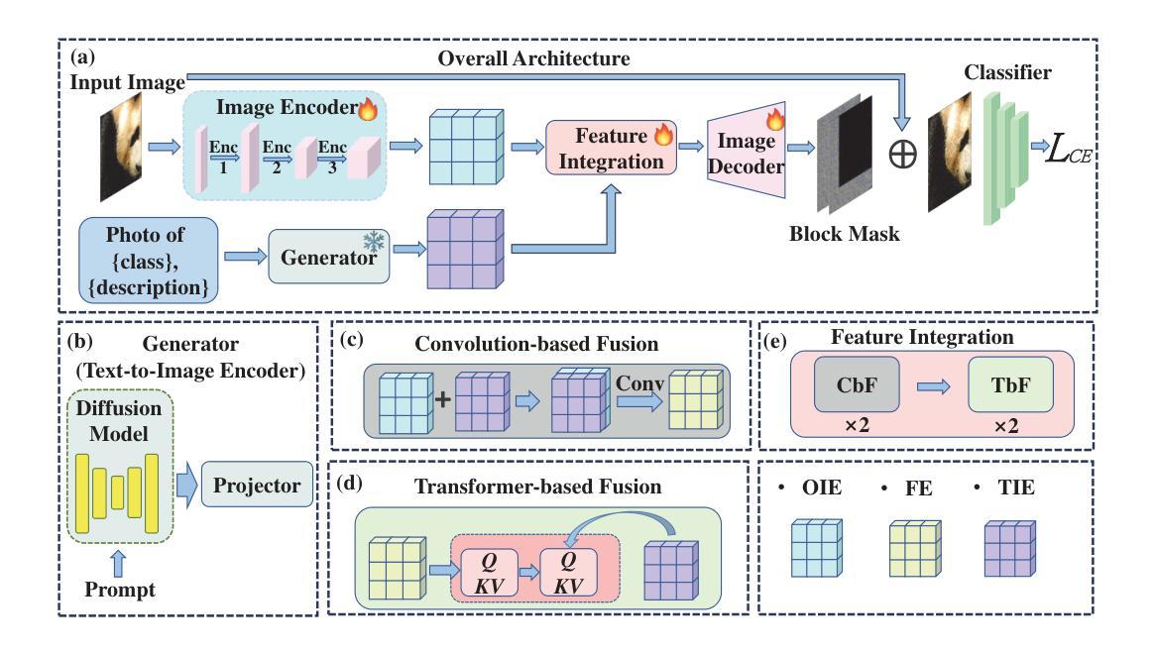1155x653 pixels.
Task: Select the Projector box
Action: click(x=257, y=489)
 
